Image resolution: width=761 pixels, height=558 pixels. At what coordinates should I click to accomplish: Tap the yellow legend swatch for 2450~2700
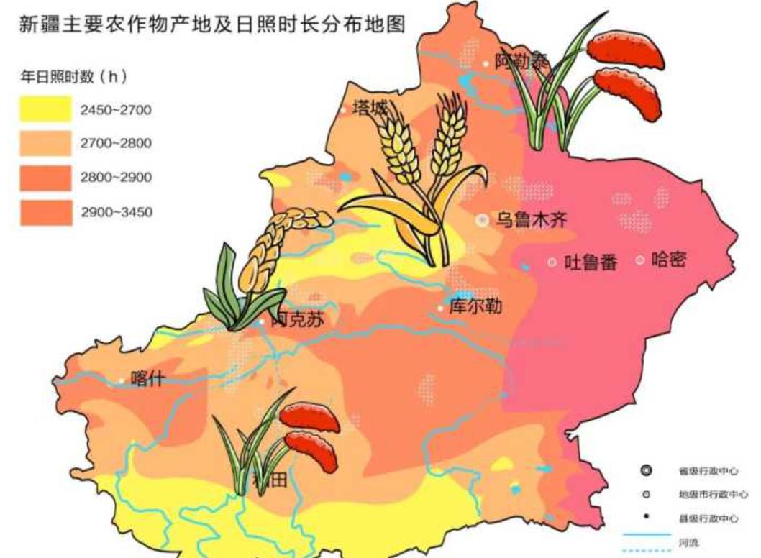pos(45,109)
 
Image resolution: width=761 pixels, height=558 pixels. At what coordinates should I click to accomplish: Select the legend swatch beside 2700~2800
pos(45,143)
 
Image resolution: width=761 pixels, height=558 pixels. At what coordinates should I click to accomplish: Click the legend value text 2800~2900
pos(116,178)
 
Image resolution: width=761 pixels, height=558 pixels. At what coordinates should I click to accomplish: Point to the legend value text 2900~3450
pos(116,212)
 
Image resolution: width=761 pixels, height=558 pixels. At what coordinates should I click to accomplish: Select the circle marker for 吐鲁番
pos(552,262)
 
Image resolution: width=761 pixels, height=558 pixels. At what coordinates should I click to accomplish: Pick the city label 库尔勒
pos(475,307)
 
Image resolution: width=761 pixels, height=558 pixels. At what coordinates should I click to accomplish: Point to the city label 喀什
pos(147,379)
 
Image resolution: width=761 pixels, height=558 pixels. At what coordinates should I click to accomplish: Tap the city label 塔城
pos(370,109)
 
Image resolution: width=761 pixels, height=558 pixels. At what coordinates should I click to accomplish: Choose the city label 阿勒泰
pos(523,63)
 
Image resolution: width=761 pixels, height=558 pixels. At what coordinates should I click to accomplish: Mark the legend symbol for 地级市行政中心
pos(646,494)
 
